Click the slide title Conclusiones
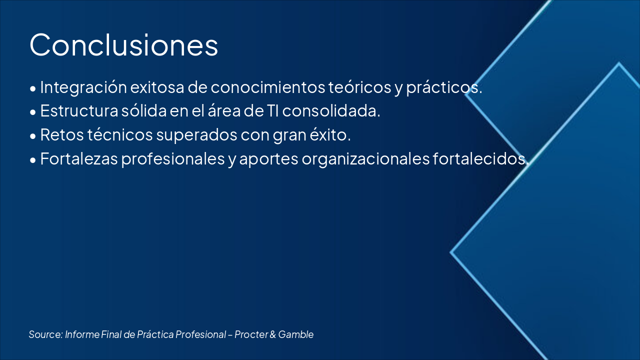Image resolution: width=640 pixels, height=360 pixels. (x=123, y=45)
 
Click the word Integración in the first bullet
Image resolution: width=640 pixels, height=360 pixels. (x=83, y=87)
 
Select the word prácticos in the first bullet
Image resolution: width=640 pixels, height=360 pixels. (x=444, y=87)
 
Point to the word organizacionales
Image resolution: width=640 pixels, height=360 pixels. (x=365, y=159)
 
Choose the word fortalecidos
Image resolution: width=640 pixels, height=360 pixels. (x=481, y=159)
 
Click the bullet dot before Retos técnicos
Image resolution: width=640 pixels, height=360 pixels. (x=33, y=136)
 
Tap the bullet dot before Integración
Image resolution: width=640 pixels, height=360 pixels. (x=33, y=88)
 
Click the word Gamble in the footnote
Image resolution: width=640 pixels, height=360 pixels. (x=296, y=334)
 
